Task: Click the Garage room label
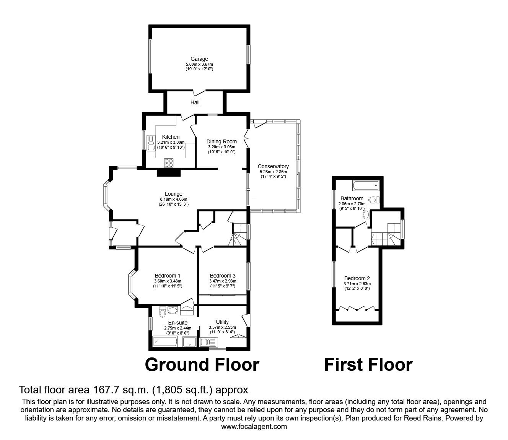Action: [x=199, y=59]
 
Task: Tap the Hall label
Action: [x=195, y=102]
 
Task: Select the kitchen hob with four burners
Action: [x=169, y=163]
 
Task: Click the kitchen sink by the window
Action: [x=150, y=143]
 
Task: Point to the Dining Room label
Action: [x=221, y=141]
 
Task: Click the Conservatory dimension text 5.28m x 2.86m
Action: [x=273, y=172]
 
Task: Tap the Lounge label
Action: [x=174, y=194]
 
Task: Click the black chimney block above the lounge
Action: [x=169, y=173]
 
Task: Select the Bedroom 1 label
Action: [x=168, y=276]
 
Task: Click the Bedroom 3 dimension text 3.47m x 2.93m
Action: [x=223, y=281]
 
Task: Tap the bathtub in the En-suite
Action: [x=165, y=341]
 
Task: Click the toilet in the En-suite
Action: [x=163, y=312]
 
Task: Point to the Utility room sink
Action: [x=208, y=342]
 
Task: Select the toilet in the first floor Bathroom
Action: [x=374, y=200]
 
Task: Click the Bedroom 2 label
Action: [x=357, y=278]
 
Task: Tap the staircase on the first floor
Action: [x=386, y=234]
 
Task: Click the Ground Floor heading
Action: [x=202, y=365]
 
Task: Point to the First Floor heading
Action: [x=368, y=365]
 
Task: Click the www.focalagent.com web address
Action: [x=254, y=427]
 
